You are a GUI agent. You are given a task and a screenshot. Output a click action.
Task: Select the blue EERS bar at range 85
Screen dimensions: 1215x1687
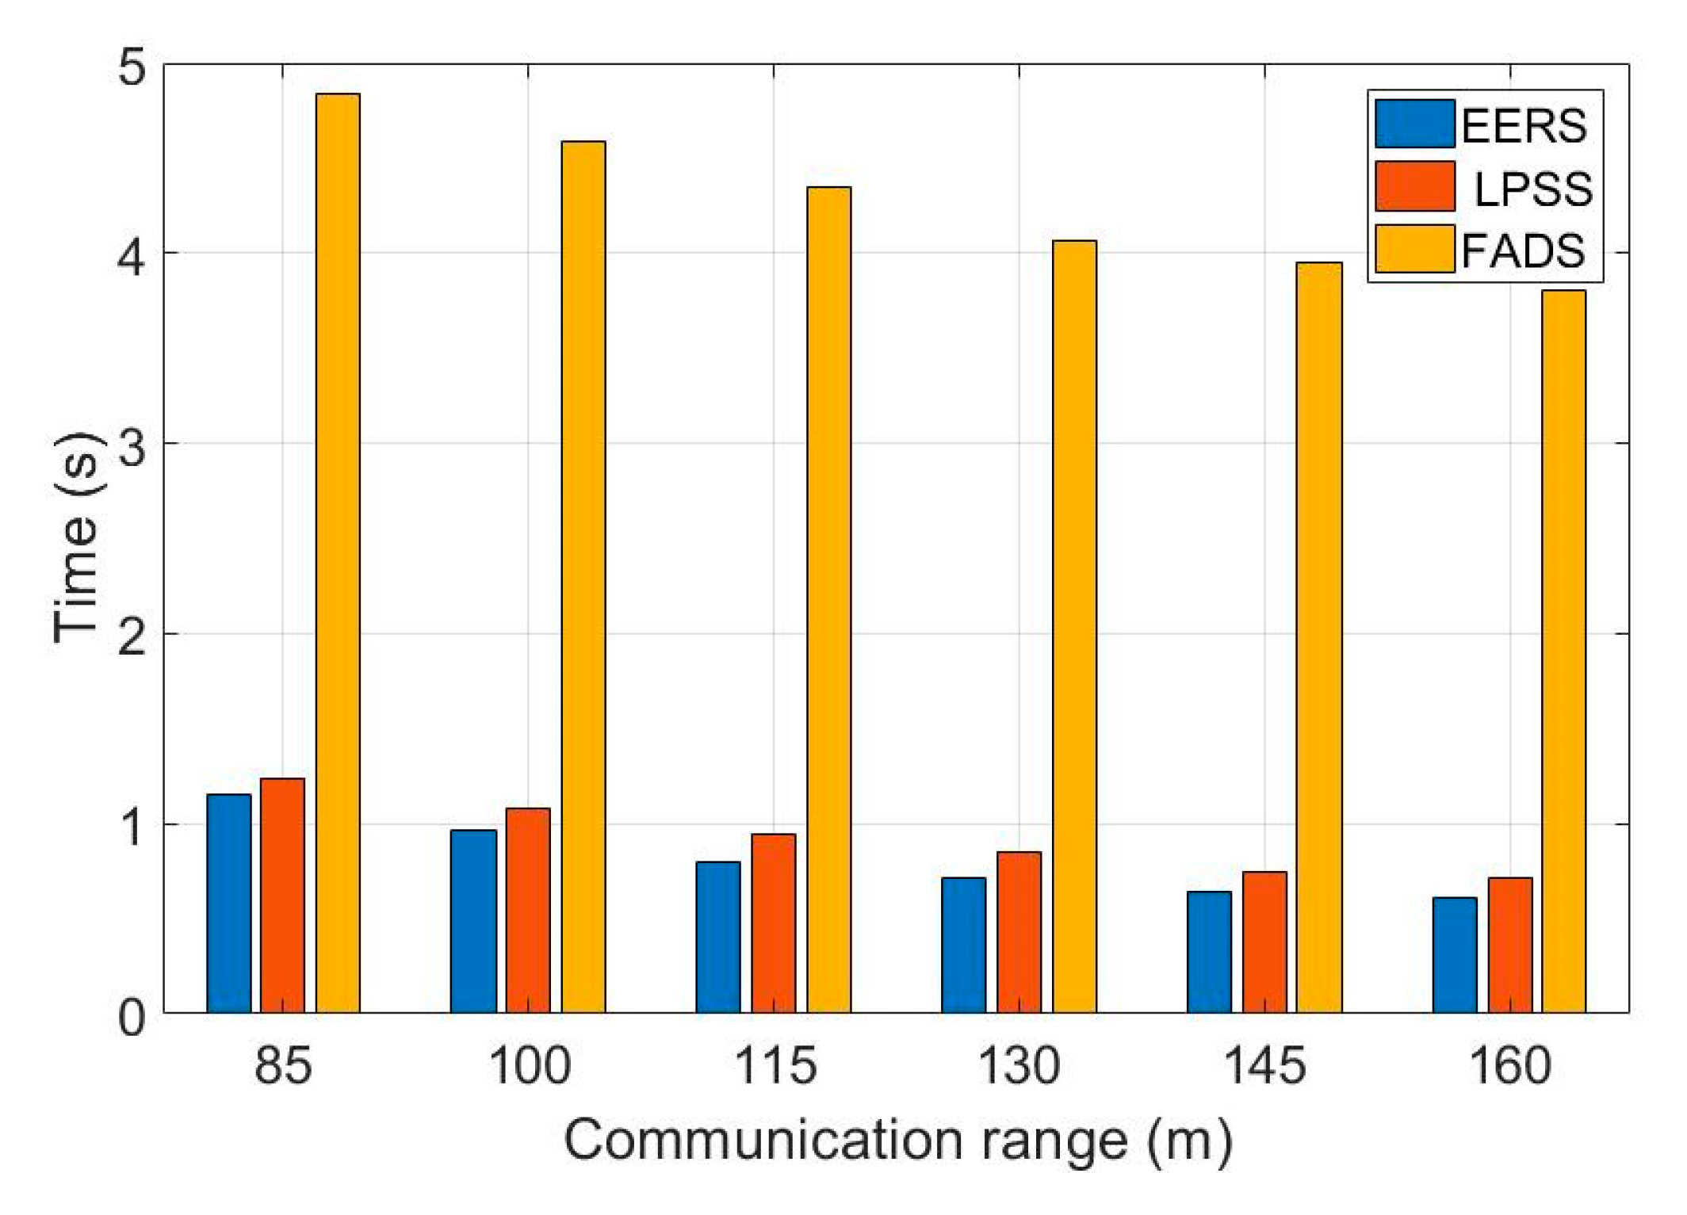[228, 904]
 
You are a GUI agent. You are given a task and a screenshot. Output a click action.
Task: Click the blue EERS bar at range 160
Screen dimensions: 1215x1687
[1455, 955]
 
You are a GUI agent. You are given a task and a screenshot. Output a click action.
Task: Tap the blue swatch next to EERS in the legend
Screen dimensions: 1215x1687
[1414, 124]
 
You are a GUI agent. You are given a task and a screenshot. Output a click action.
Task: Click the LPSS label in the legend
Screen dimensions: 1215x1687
[1532, 189]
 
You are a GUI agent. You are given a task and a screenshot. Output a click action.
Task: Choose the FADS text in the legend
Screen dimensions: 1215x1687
[1523, 251]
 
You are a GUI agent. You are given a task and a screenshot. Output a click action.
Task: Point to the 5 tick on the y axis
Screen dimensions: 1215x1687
[132, 67]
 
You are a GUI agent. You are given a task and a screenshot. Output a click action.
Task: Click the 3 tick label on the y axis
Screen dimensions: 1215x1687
[132, 447]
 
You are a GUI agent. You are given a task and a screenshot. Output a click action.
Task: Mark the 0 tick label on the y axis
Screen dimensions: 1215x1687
[132, 1018]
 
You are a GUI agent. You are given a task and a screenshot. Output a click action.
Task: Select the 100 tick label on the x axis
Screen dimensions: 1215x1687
[529, 1065]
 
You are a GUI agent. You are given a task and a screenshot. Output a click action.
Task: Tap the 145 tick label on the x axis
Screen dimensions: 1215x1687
[1264, 1065]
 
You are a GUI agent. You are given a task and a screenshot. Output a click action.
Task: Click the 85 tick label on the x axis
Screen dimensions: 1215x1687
[283, 1065]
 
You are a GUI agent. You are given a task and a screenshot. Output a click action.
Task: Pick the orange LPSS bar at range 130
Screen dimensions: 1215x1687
[1019, 932]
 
